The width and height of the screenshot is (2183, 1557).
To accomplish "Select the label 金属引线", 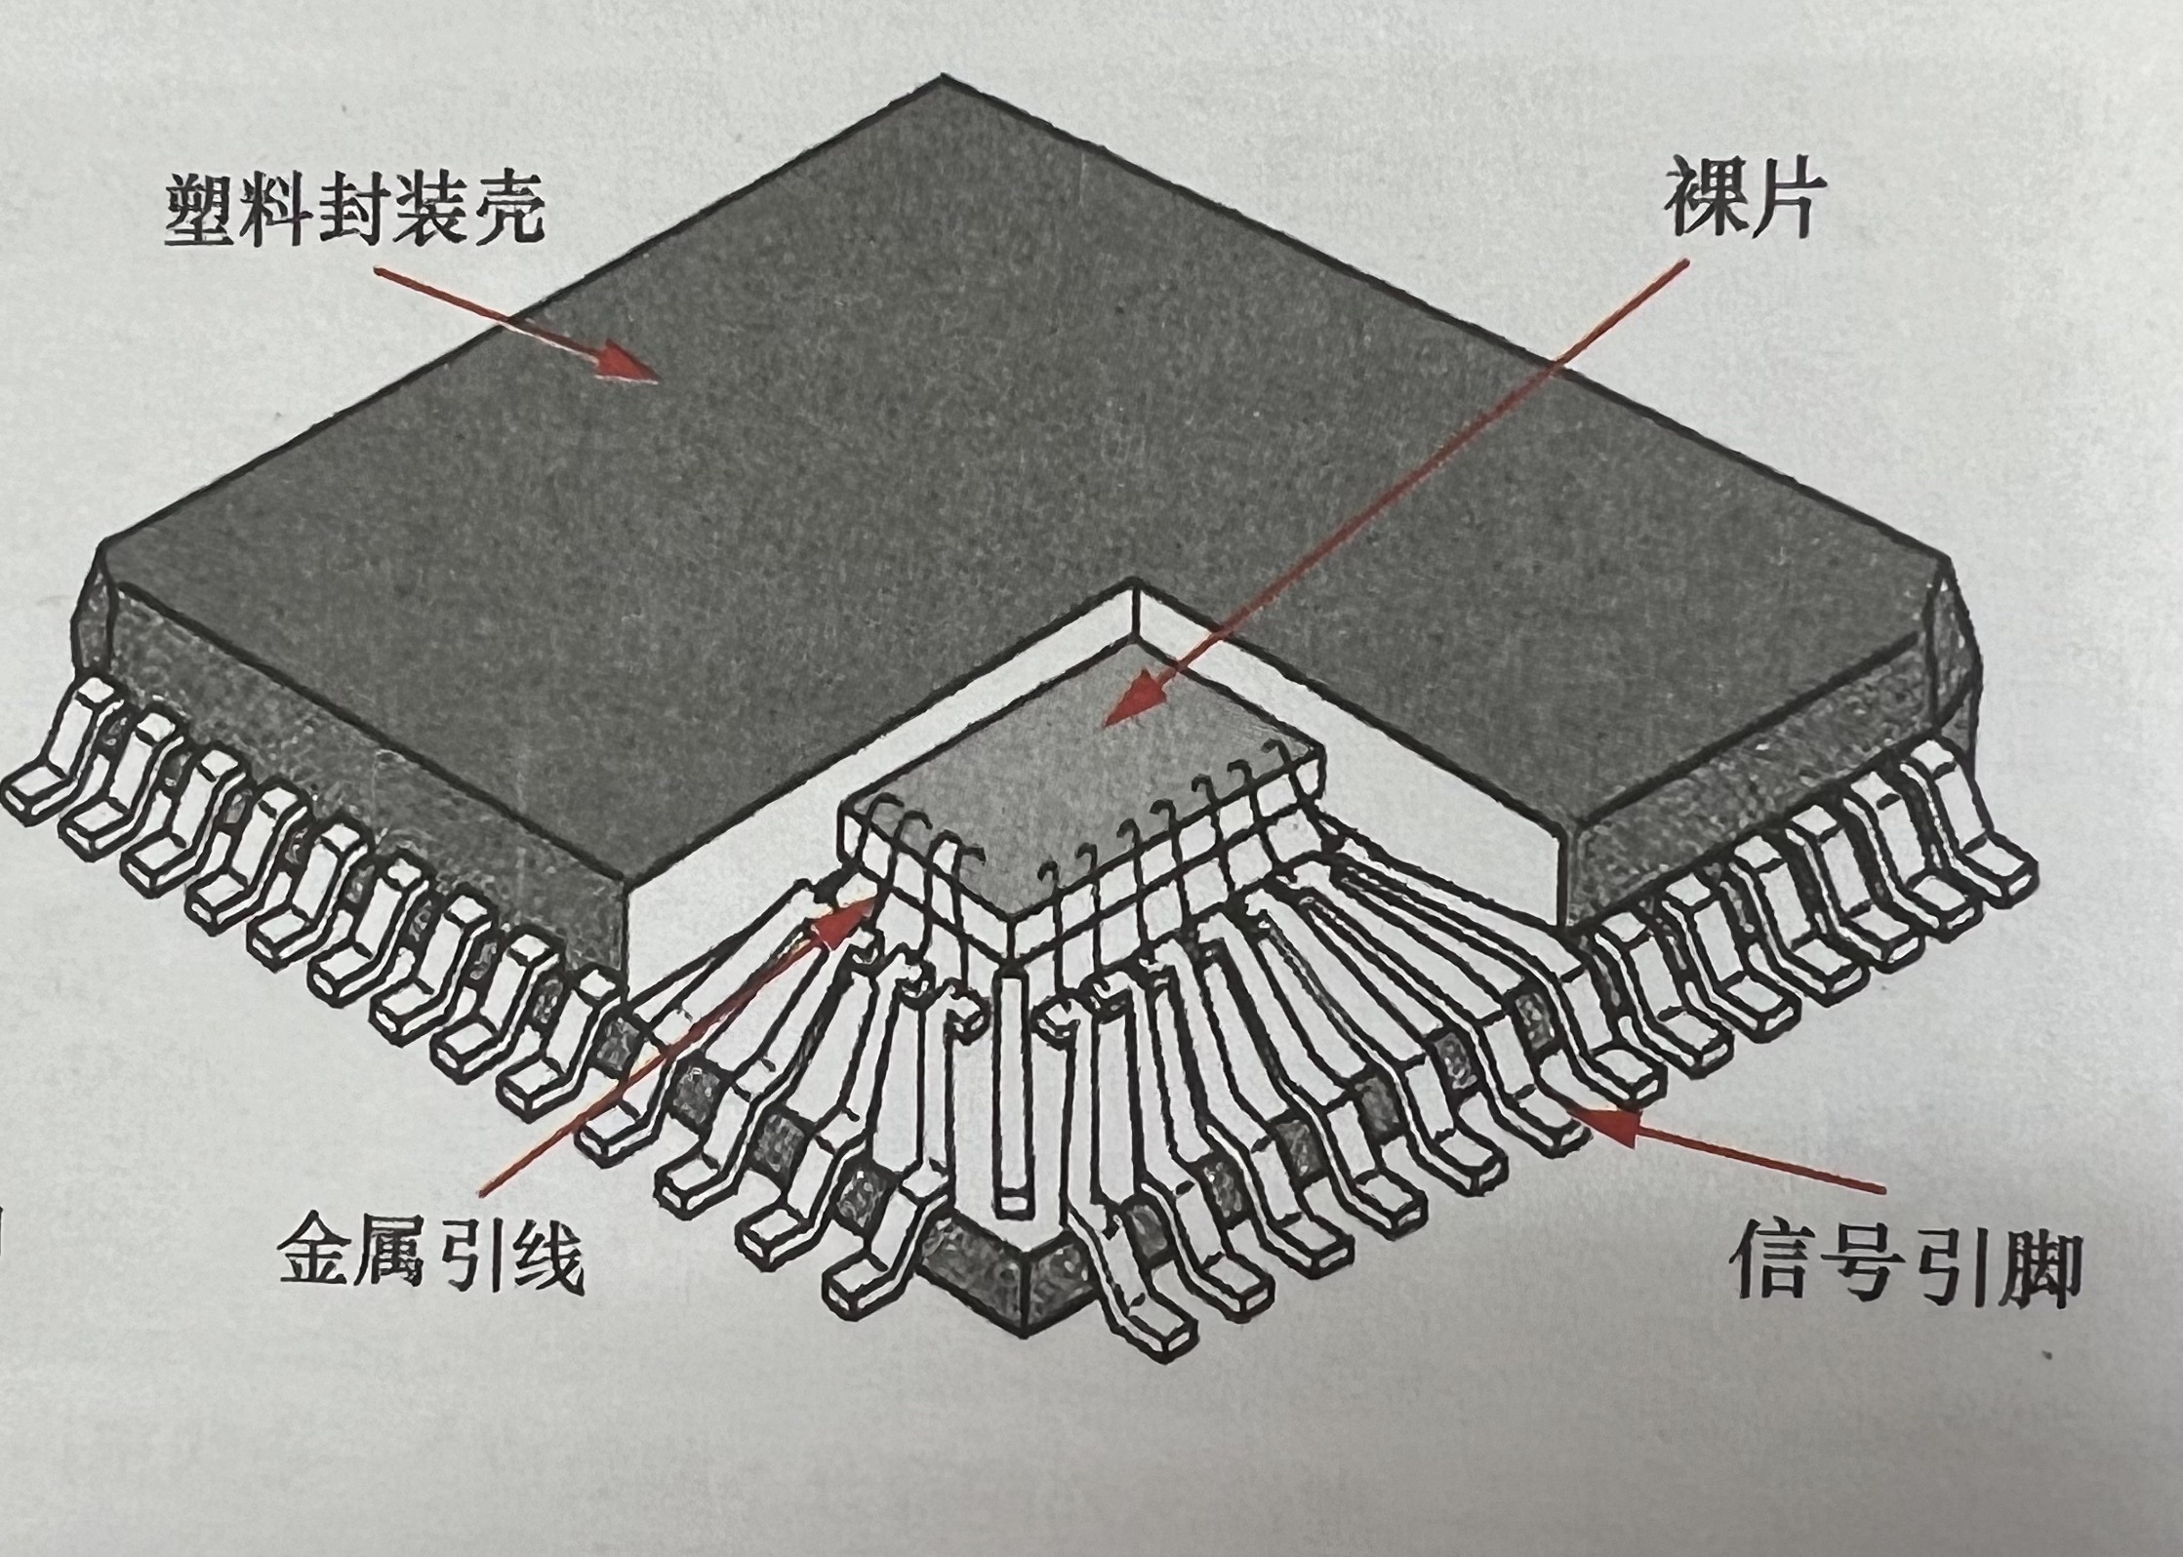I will [430, 1252].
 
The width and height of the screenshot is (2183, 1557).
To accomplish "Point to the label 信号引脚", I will [1906, 1266].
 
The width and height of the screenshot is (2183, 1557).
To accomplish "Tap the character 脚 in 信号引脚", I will [2032, 1268].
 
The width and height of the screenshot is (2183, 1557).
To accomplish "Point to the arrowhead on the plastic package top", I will [625, 363].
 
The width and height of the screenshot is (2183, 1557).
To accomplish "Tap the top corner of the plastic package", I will [942, 80].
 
